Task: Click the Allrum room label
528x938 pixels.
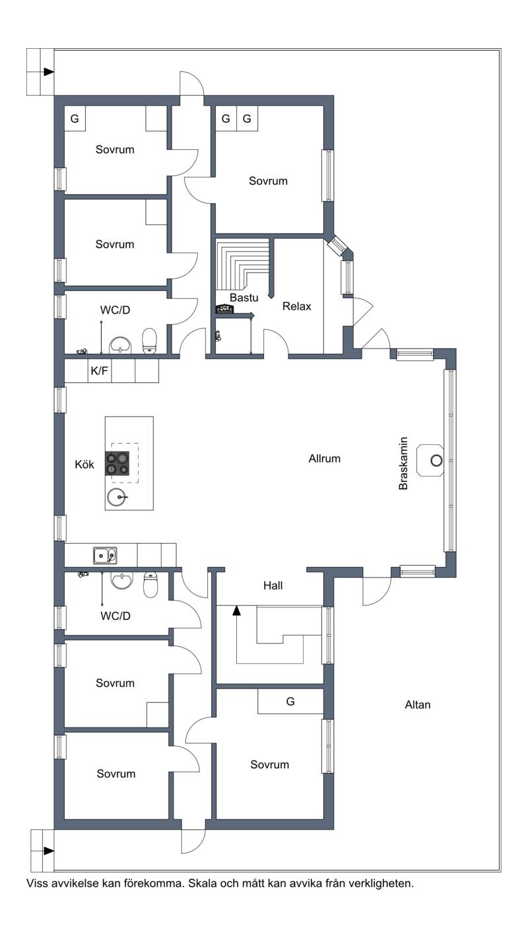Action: pos(324,459)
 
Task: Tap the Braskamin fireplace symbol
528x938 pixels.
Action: pos(430,460)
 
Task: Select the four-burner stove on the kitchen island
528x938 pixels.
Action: pos(117,463)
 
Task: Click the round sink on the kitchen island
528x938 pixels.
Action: pos(116,497)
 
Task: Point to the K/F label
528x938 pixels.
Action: pos(99,370)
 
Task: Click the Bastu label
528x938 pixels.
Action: pos(244,298)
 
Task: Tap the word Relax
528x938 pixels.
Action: pos(296,306)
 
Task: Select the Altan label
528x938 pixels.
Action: pos(418,705)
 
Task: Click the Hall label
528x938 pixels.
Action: pos(273,586)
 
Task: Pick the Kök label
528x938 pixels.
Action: pos(84,465)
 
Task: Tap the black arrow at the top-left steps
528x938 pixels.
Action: pos(49,72)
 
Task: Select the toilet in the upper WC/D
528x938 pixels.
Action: pos(149,341)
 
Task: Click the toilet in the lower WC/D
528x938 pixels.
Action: pos(150,585)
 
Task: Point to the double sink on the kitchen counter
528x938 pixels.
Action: pos(105,556)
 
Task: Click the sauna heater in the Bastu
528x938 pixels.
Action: pos(224,309)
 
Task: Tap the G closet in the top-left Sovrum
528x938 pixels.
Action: pos(75,119)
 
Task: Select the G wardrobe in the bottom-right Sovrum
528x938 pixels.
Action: pos(290,702)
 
